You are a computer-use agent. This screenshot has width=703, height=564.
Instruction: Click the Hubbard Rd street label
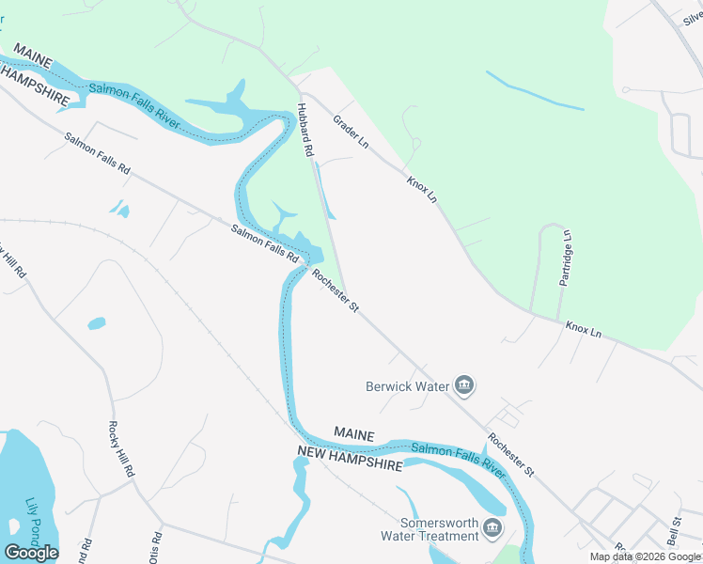pyautogui.click(x=305, y=130)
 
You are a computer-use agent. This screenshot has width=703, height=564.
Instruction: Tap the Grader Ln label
pyautogui.click(x=351, y=133)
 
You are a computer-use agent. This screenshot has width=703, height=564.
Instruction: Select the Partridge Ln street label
pyautogui.click(x=566, y=258)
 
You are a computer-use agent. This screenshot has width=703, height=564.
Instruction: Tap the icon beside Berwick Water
pyautogui.click(x=463, y=384)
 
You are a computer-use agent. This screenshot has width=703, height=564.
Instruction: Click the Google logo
pyautogui.click(x=31, y=553)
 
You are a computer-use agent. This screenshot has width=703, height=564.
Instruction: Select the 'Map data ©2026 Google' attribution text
pyautogui.click(x=645, y=556)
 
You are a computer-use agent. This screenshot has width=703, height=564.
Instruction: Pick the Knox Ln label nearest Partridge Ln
pyautogui.click(x=583, y=331)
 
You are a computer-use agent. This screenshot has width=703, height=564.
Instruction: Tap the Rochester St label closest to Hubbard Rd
pyautogui.click(x=336, y=290)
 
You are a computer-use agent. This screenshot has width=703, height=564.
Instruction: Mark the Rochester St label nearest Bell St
pyautogui.click(x=510, y=454)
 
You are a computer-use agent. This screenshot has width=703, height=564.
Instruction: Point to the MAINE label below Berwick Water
pyautogui.click(x=354, y=435)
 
